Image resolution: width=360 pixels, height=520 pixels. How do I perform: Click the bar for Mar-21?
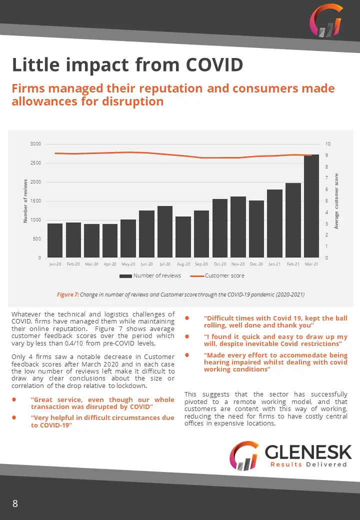coord(311,206)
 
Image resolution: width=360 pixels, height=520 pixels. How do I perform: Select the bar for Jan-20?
coord(55,240)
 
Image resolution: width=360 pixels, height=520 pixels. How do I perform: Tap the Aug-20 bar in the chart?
coord(183,237)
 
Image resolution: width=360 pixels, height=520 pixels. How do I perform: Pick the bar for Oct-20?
coord(220,228)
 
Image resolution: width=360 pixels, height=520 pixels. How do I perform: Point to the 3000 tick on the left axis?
coord(36,144)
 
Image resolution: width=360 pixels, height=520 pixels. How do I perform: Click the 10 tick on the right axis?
coord(328,144)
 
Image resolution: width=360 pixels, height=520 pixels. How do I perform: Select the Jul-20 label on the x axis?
coord(165,264)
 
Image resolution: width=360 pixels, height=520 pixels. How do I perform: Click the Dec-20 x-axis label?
coord(256,264)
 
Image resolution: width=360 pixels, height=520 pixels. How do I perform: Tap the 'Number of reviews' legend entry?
coord(150,275)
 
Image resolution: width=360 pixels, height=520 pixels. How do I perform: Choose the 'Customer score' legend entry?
coord(217,275)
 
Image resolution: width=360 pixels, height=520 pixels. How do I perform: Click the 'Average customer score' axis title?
coord(336,201)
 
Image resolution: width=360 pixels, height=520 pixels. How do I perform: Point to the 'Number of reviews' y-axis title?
coord(25,201)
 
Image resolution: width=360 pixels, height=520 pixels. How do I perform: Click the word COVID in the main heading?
coord(214,64)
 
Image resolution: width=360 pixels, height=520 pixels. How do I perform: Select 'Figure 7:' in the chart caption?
coord(67,294)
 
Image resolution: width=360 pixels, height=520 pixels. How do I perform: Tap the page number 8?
coord(15,503)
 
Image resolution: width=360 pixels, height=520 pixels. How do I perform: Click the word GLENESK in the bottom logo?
coord(308,451)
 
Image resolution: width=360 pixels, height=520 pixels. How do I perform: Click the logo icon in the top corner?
coord(326,20)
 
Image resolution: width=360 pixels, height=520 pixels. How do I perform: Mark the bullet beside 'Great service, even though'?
coord(14,399)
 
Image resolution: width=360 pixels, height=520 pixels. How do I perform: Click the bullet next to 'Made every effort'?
coord(187,355)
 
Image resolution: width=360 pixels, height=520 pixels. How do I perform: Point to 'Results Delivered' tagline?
coord(308,464)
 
